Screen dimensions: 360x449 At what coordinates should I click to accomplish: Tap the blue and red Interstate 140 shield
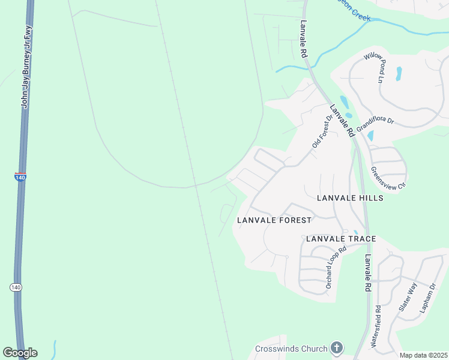[20, 178]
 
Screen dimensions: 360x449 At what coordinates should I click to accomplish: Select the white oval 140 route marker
[16, 288]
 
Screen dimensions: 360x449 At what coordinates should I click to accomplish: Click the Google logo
[20, 352]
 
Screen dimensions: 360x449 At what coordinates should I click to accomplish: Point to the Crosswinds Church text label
[291, 349]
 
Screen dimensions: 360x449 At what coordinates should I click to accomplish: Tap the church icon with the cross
[337, 348]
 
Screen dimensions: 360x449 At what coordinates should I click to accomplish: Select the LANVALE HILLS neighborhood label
[349, 198]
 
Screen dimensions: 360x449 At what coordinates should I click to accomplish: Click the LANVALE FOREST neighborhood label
[274, 220]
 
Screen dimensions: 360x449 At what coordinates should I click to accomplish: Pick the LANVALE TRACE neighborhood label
[341, 239]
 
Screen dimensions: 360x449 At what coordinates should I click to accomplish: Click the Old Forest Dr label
[322, 132]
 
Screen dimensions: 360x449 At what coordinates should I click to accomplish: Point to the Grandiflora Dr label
[375, 125]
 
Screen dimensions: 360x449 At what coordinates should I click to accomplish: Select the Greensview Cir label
[388, 177]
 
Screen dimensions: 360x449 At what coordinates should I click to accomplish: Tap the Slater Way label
[408, 298]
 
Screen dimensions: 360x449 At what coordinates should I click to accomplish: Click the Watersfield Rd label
[376, 327]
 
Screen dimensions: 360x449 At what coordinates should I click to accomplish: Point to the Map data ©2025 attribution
[423, 355]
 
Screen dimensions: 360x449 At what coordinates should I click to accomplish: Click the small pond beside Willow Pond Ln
[399, 73]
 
